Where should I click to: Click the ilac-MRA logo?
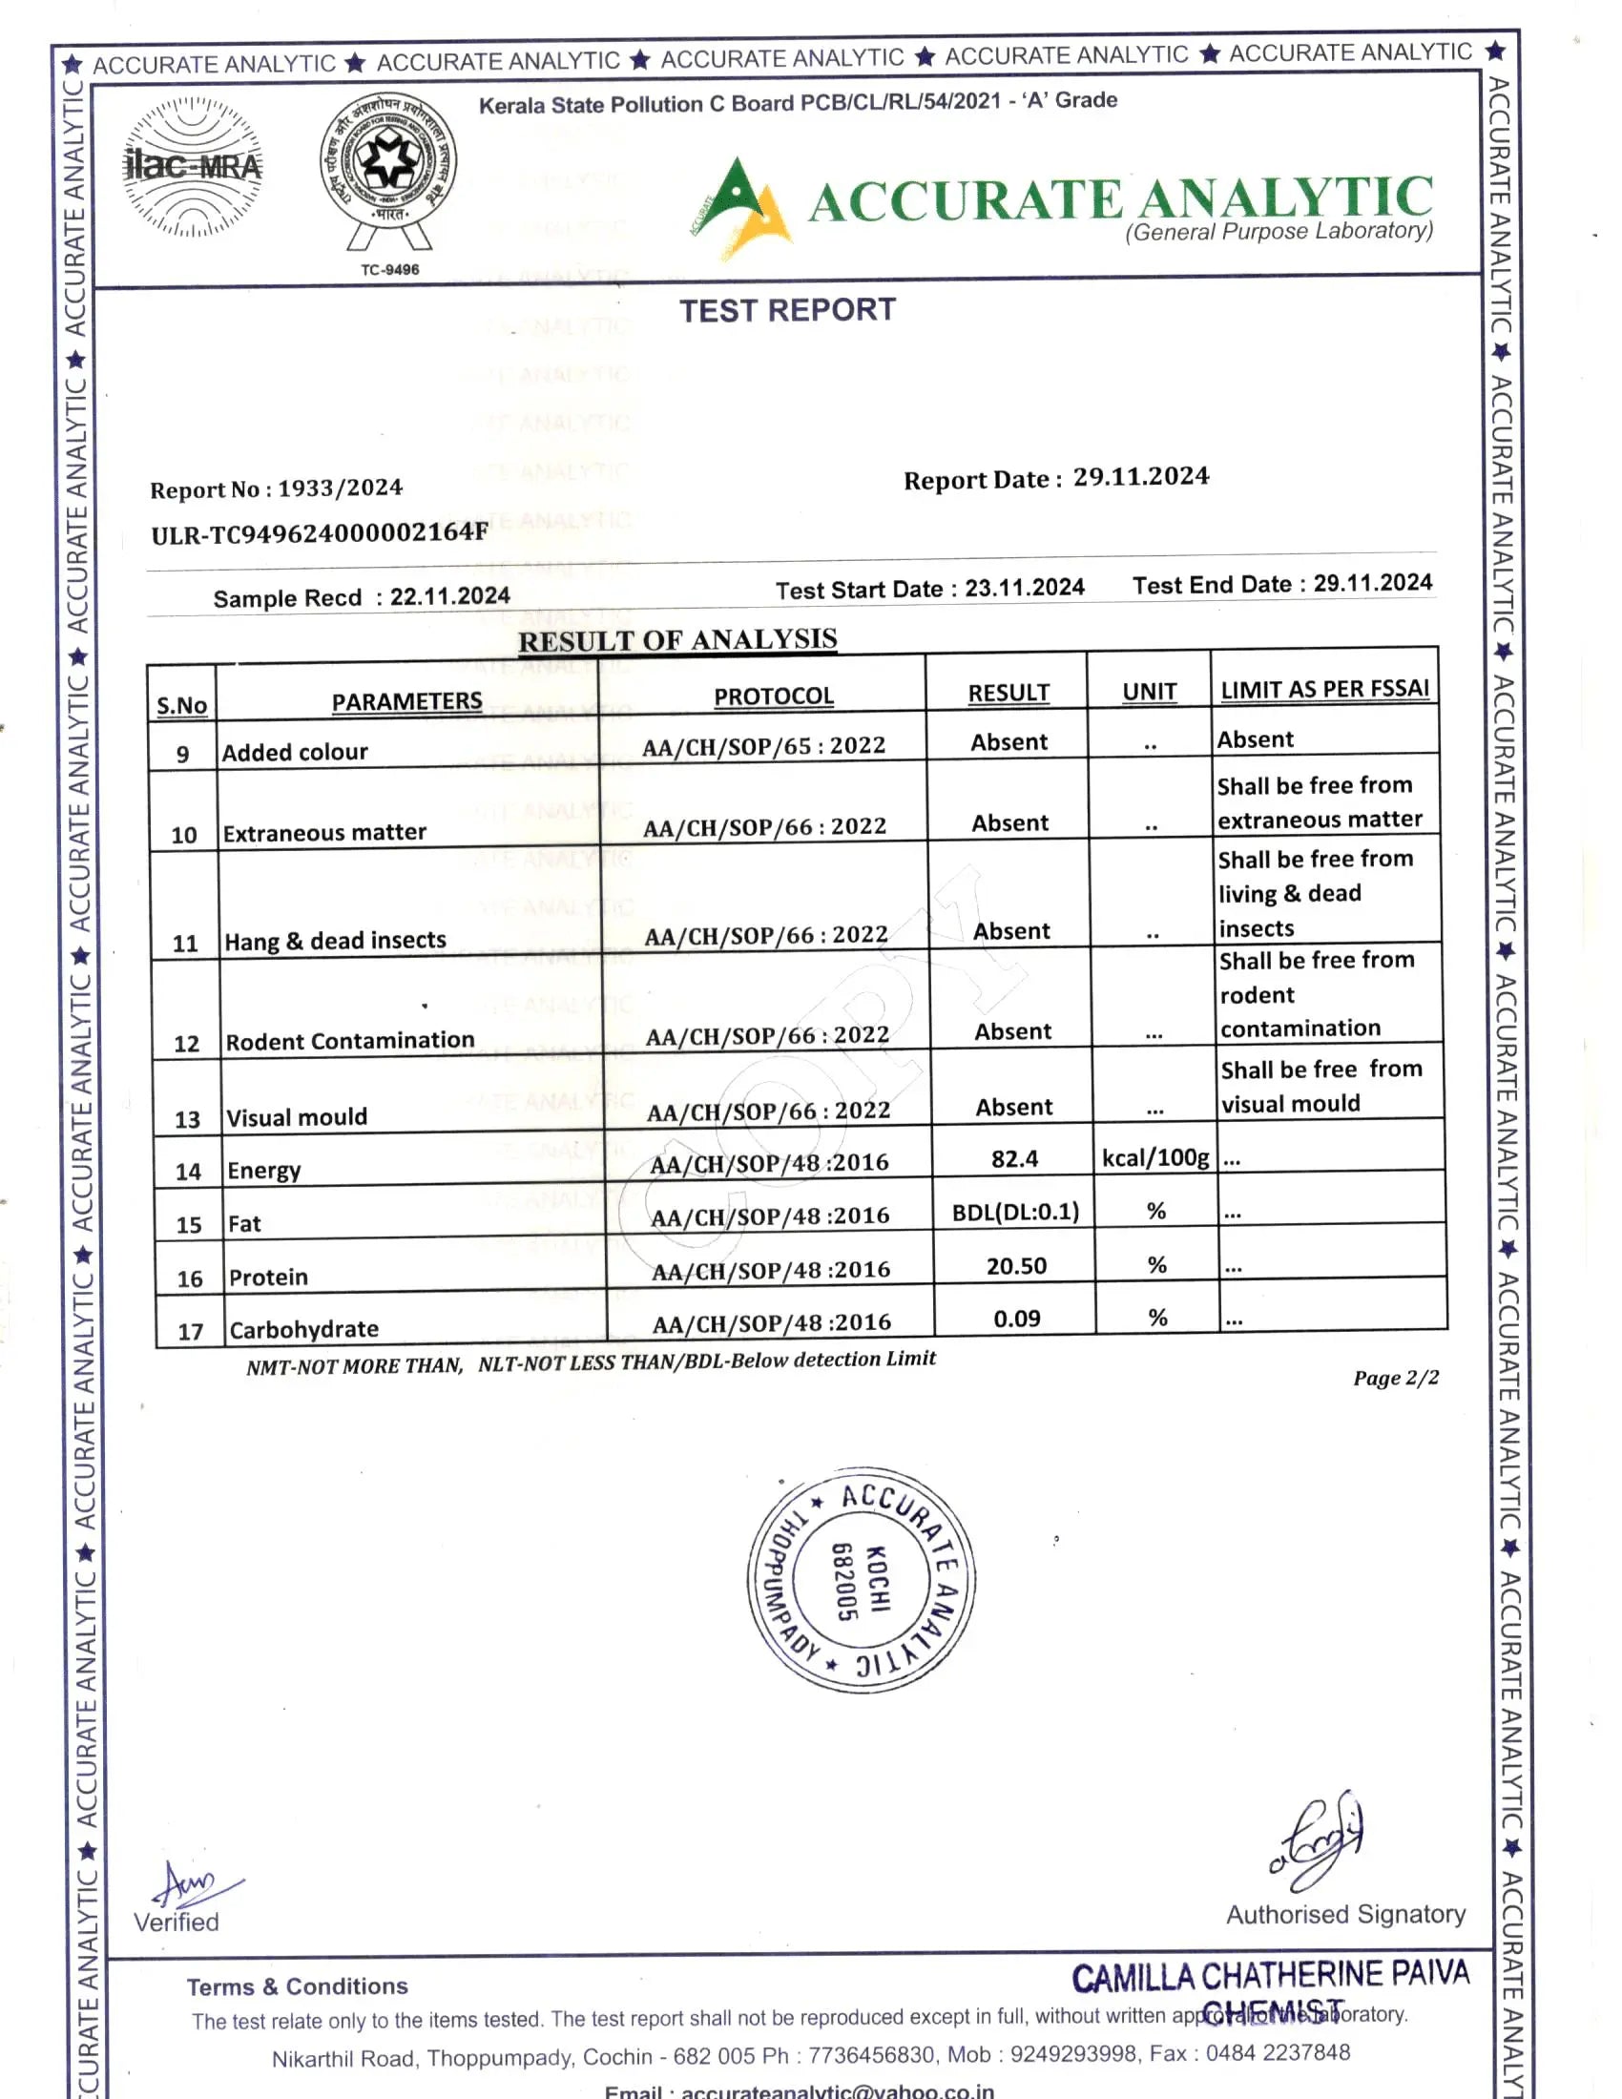tap(193, 166)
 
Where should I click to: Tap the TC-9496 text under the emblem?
tap(389, 270)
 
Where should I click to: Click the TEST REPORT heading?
tap(787, 310)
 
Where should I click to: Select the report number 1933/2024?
tap(341, 488)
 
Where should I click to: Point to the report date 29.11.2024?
tap(1140, 477)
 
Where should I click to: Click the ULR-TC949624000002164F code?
tap(319, 533)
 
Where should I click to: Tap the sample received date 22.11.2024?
tap(449, 596)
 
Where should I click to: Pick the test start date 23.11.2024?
tap(1025, 587)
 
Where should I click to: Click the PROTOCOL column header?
tap(774, 696)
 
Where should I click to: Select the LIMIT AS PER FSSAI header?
tap(1324, 689)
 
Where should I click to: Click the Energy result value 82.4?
tap(1015, 1159)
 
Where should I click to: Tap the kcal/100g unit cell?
tap(1155, 1158)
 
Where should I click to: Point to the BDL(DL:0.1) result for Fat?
tap(1016, 1212)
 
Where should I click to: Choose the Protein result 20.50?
tap(1017, 1267)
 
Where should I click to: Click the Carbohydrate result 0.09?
tap(1017, 1320)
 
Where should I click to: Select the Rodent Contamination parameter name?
tap(350, 1041)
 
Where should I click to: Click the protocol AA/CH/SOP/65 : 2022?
tap(764, 746)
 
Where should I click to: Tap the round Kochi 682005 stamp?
tap(862, 1581)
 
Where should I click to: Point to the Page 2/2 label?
tap(1395, 1379)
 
